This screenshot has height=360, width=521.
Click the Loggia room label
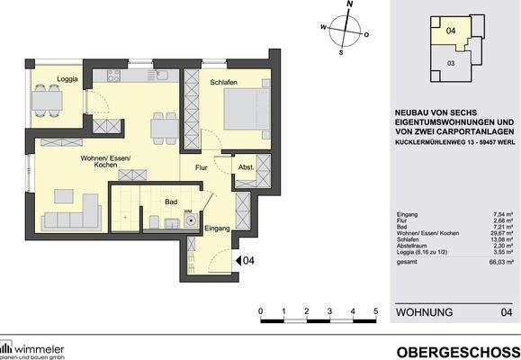coord(67,80)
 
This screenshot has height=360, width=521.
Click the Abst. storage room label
coord(245,167)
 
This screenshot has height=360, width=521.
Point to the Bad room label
coord(168,203)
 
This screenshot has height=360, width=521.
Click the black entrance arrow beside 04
coord(238,261)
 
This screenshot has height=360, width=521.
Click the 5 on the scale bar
coord(376,311)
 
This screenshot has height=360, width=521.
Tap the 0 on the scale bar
coord(260,311)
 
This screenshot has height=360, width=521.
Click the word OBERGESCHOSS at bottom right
coord(457,350)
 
